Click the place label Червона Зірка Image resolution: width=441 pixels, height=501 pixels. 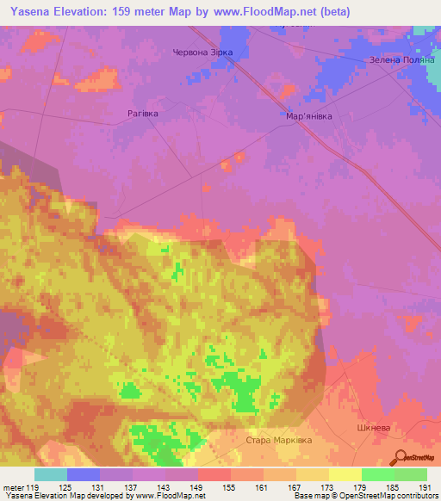(x=203, y=52)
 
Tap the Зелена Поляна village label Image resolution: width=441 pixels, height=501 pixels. (x=399, y=59)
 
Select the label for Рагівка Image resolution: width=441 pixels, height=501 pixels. (x=143, y=113)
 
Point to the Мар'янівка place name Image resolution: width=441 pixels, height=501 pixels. (x=307, y=117)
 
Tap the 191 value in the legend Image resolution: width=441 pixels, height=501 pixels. (x=425, y=486)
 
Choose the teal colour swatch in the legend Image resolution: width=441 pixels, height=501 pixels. (x=51, y=474)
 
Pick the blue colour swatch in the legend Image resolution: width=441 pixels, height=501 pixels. (x=84, y=474)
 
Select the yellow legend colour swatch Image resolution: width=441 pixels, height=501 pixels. (x=345, y=474)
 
